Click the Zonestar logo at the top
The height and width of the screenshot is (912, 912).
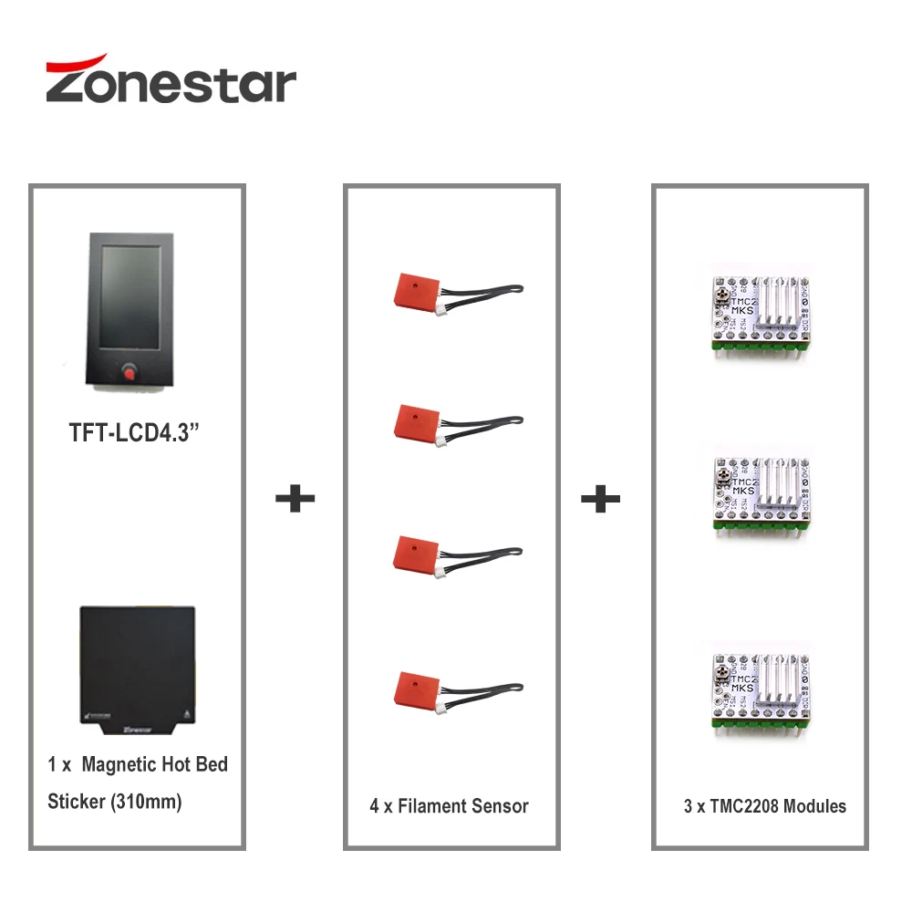click(x=171, y=79)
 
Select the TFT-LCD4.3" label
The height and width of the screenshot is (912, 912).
click(x=135, y=432)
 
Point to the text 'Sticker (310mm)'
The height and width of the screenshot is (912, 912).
click(x=115, y=802)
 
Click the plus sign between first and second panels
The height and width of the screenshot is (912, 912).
click(x=295, y=498)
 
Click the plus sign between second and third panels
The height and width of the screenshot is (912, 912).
click(x=600, y=498)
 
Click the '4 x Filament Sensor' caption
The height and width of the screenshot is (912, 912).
click(x=449, y=806)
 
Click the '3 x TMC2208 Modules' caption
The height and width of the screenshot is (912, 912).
click(x=764, y=806)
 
